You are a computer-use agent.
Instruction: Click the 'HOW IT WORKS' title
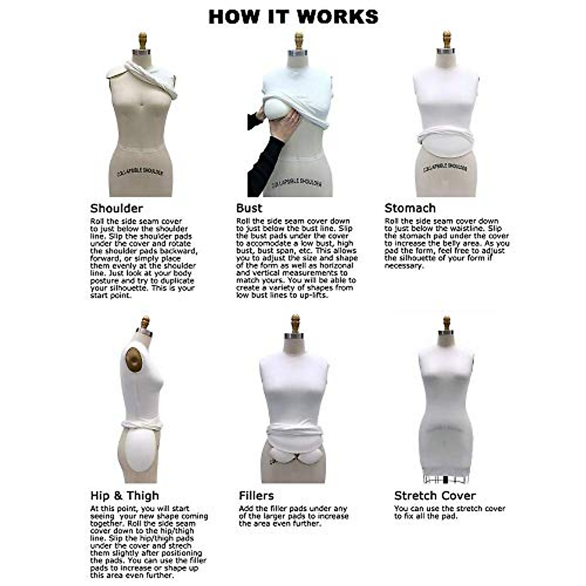[x=293, y=17]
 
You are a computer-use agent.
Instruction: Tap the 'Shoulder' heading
[x=116, y=209]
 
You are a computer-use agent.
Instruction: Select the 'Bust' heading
[x=249, y=209]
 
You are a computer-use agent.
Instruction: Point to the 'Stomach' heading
[x=410, y=209]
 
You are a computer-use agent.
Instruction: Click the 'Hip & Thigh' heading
[x=125, y=496]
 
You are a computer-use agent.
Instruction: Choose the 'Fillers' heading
[x=256, y=496]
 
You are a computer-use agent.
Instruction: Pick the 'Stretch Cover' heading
[x=435, y=496]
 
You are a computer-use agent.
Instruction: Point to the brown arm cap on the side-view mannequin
[x=133, y=361]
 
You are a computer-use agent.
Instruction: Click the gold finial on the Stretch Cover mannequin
[x=446, y=324]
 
